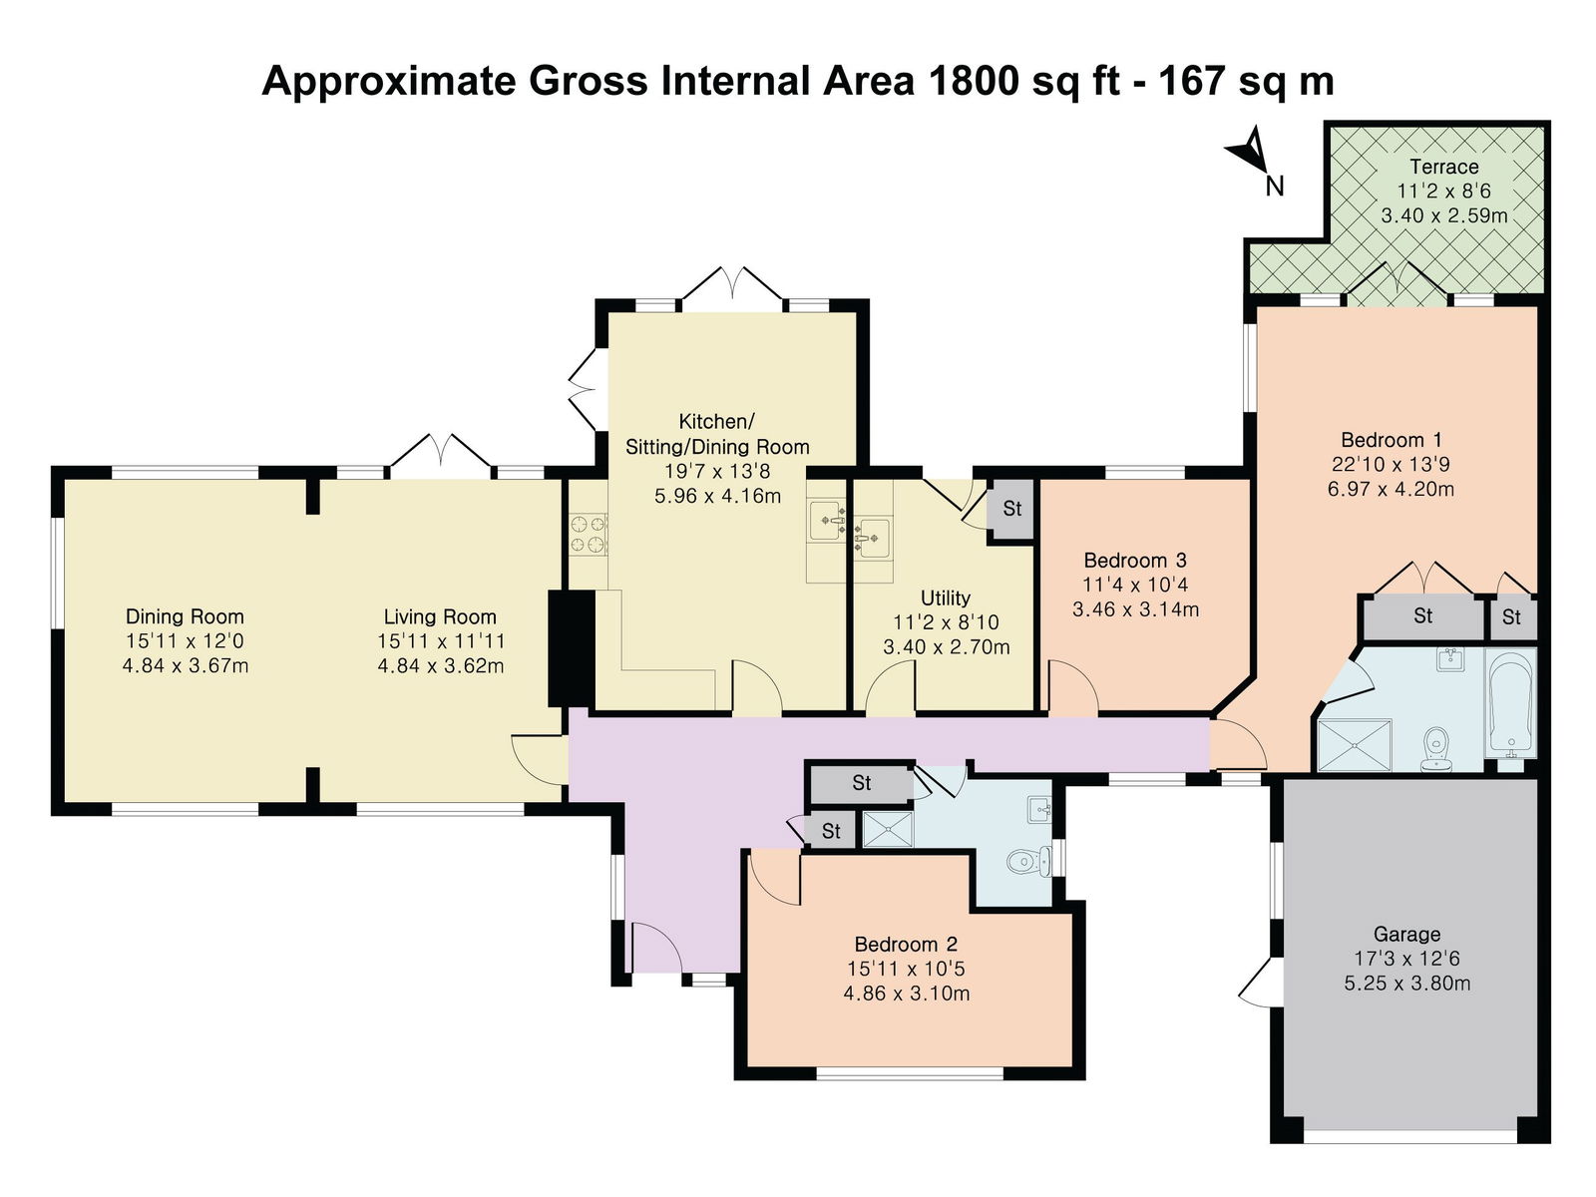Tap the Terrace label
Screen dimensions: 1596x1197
point(1443,167)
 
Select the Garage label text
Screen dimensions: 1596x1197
point(1406,934)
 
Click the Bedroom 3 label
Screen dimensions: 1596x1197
point(1134,561)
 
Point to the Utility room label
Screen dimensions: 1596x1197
point(946,598)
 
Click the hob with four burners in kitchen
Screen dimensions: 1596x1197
point(589,535)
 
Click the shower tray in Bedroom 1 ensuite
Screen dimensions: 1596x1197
point(1354,745)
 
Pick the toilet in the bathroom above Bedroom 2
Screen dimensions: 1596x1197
point(1029,862)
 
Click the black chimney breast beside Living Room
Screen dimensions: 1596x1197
point(571,648)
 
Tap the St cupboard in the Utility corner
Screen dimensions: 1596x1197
point(1011,509)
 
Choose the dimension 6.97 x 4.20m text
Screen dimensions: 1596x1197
point(1391,489)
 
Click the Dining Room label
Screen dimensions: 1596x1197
point(185,616)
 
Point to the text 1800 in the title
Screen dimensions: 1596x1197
point(970,80)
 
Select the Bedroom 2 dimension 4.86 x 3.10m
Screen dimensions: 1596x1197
point(906,993)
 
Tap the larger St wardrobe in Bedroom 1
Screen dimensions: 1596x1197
point(1423,617)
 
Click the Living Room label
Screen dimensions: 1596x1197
point(440,617)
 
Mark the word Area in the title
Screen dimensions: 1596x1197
point(868,80)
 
